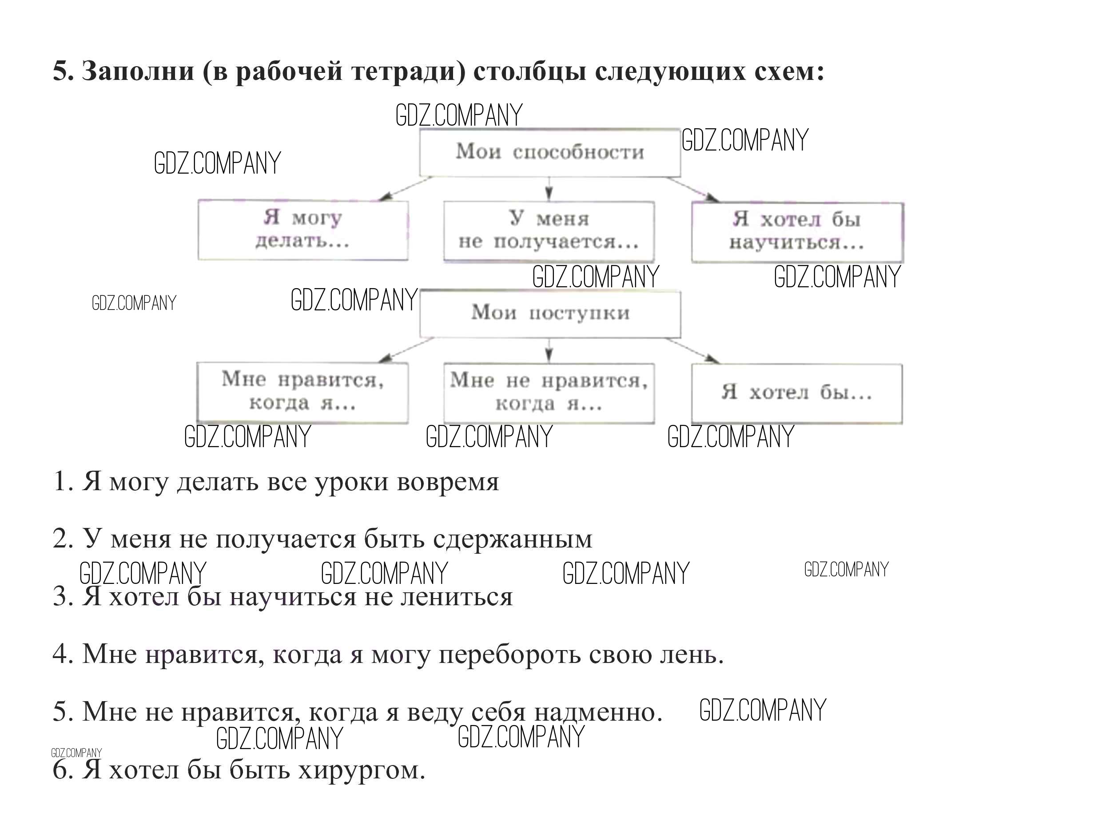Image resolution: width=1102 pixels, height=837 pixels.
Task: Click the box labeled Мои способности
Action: (x=549, y=152)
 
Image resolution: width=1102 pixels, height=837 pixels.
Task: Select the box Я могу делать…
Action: (x=302, y=230)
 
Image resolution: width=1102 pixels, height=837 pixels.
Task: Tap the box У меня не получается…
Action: (x=549, y=231)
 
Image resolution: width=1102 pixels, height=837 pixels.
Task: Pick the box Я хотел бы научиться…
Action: (x=797, y=232)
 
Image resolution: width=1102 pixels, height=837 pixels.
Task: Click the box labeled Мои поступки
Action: (x=550, y=314)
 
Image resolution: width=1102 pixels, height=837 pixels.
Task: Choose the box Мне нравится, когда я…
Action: (x=302, y=393)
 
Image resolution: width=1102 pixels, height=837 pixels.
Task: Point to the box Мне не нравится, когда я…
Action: (x=549, y=393)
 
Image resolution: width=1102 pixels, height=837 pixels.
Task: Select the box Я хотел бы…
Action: (x=796, y=393)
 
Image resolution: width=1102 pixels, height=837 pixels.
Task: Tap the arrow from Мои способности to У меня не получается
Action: (x=549, y=188)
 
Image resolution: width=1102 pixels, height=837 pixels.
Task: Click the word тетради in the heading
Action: (x=409, y=71)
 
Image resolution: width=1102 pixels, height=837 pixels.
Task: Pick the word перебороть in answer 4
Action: (x=509, y=654)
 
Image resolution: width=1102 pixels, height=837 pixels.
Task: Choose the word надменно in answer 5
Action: (x=598, y=711)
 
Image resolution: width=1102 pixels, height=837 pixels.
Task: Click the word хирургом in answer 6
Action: (x=362, y=770)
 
